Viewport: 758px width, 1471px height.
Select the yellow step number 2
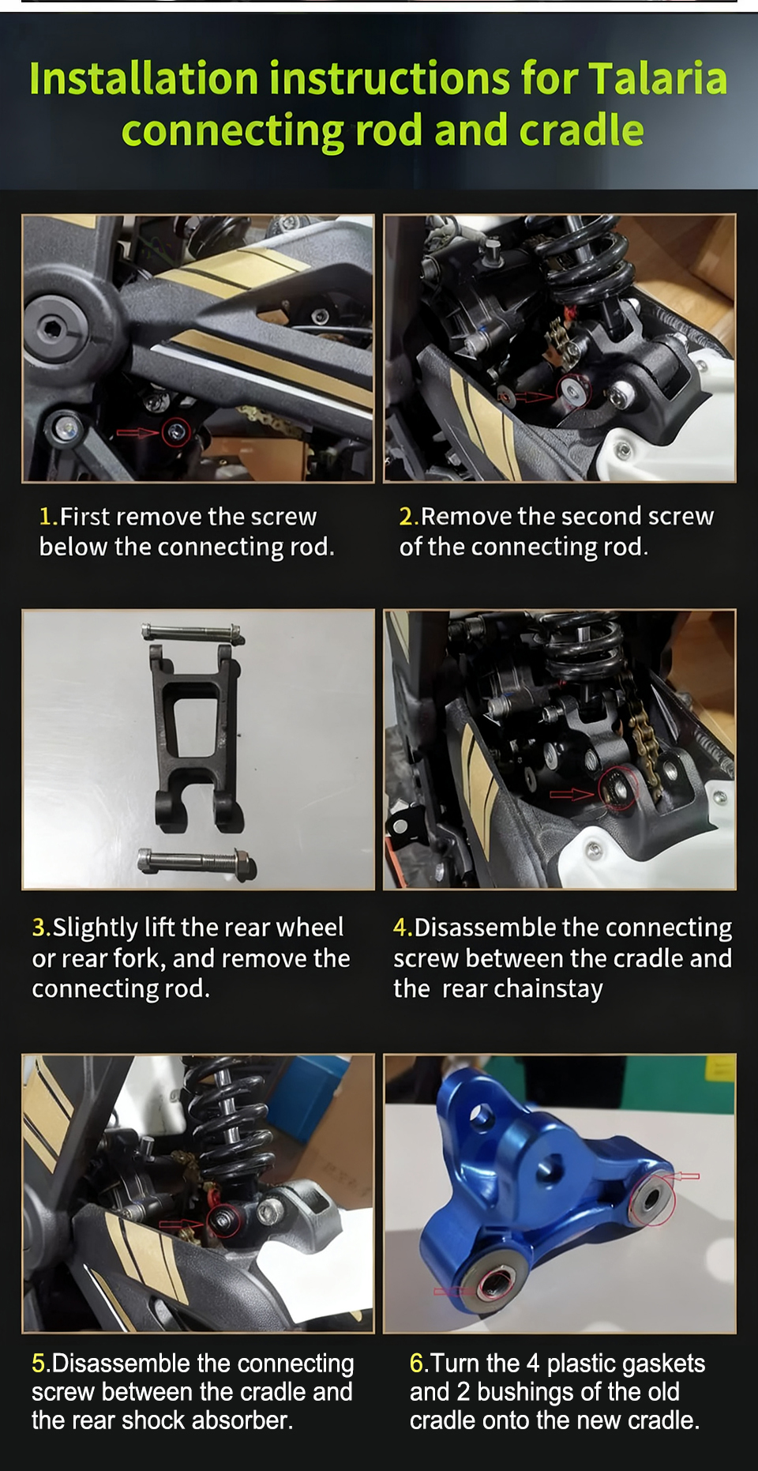407,517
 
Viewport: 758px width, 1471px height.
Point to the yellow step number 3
40,927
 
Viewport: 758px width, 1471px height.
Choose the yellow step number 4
402,927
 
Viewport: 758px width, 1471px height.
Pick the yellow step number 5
40,1363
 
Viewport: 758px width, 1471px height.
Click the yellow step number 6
418,1363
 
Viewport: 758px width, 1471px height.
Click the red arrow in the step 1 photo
138,432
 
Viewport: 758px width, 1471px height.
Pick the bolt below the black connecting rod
196,863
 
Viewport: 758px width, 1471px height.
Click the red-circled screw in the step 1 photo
176,432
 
